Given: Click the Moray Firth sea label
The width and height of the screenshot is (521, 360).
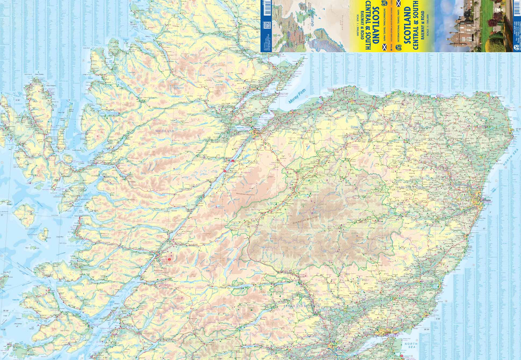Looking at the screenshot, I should [x=297, y=96].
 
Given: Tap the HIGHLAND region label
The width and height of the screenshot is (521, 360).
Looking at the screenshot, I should [x=165, y=131].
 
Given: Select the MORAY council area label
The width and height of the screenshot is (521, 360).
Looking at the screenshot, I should [x=356, y=128].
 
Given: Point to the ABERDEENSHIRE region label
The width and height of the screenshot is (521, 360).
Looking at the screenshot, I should [x=413, y=187].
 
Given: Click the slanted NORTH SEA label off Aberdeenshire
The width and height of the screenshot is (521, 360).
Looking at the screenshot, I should [x=511, y=157].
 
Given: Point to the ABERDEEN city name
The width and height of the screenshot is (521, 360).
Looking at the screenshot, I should [x=486, y=200].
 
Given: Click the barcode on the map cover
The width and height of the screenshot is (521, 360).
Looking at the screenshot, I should [x=267, y=8].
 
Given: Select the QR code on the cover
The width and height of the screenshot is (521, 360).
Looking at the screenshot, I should [x=267, y=25].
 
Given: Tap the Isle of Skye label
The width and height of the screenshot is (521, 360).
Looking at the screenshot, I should [x=19, y=167].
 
